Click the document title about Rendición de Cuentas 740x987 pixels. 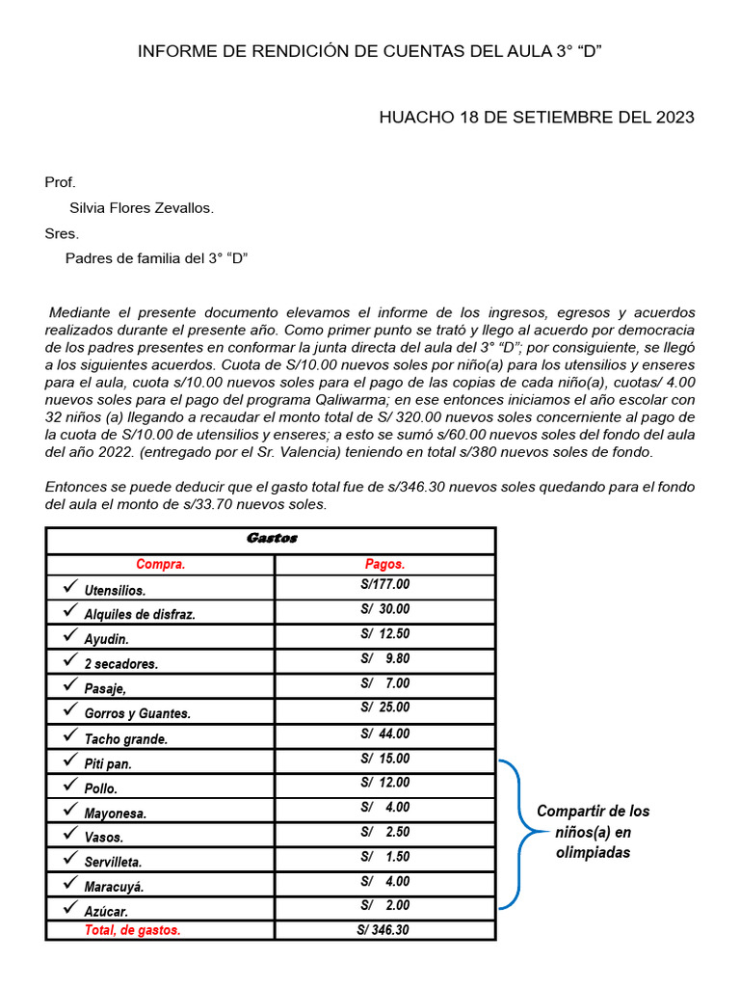(x=370, y=52)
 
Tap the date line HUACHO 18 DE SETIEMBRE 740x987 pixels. (x=536, y=118)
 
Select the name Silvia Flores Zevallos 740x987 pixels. (x=142, y=208)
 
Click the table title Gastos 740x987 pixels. (x=271, y=539)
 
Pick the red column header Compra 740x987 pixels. (x=160, y=565)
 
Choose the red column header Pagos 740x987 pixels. (x=384, y=565)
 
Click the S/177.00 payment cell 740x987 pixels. (x=384, y=585)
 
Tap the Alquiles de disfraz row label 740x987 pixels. (x=140, y=614)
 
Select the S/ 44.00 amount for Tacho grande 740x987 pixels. (x=384, y=734)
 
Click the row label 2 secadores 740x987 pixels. (x=121, y=664)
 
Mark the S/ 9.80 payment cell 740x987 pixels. (x=384, y=659)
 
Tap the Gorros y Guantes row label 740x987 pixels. (x=138, y=714)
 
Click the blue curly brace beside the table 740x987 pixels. (x=511, y=834)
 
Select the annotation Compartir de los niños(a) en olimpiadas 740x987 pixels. (x=593, y=832)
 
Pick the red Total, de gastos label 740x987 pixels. (x=132, y=930)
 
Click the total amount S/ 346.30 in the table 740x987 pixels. (x=383, y=930)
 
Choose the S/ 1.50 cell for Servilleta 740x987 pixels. (x=384, y=857)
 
